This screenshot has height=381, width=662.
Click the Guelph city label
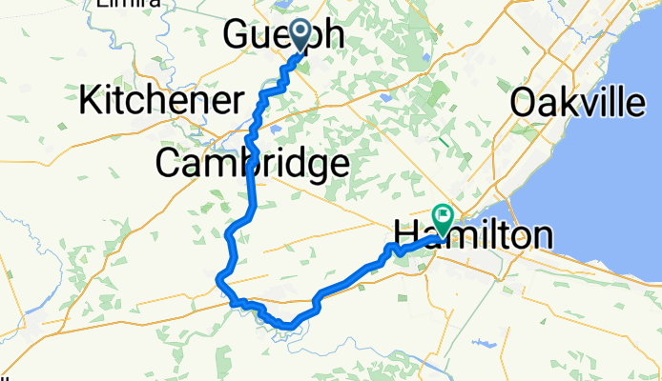point(282,36)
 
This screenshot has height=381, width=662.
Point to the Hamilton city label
point(472,235)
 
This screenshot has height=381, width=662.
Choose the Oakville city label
point(577,102)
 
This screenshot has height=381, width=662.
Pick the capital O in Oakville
point(526,102)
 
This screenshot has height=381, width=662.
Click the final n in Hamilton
point(542,235)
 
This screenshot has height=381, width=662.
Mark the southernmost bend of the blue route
point(285,328)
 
